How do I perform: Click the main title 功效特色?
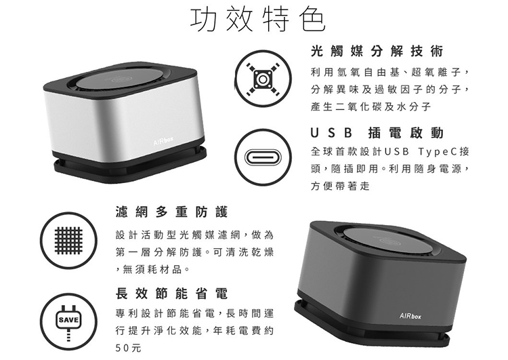(257, 20)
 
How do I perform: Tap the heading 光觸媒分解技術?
(377, 52)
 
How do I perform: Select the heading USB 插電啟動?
(377, 133)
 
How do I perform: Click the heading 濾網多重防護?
(172, 212)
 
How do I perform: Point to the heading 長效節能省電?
(172, 294)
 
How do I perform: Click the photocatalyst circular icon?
(263, 79)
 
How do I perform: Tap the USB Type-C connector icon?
(263, 157)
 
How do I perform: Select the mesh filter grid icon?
(68, 241)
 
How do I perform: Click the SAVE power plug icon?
(68, 322)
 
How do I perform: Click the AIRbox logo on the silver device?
(164, 141)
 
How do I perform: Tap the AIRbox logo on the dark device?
(410, 316)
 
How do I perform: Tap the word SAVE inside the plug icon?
(68, 320)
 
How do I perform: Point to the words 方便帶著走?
(340, 186)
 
